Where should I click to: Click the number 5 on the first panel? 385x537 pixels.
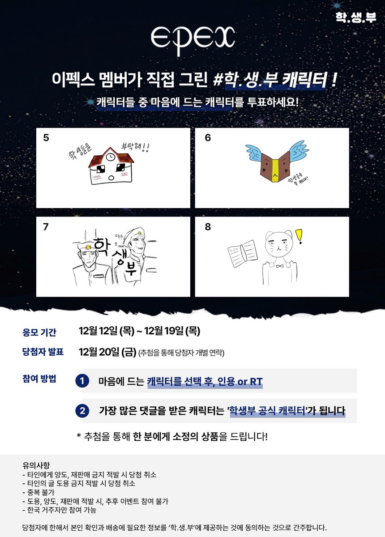pos(46,138)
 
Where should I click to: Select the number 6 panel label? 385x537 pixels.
pos(207,138)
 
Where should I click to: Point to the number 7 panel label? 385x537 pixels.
pos(46,227)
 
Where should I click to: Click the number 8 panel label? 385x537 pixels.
pos(207,227)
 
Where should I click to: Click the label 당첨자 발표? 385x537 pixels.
pos(43,352)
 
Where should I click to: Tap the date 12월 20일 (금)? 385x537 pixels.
pos(107,352)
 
